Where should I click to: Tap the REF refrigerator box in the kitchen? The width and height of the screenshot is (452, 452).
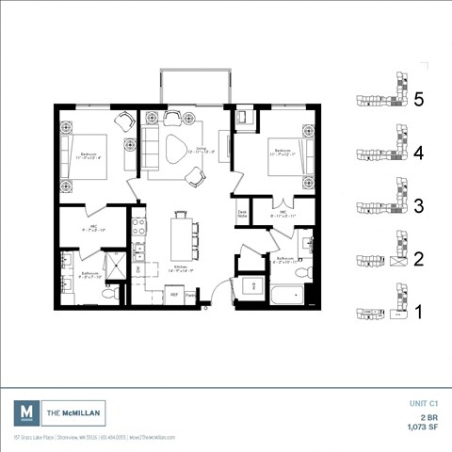click(174, 295)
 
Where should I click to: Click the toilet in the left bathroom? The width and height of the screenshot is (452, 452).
click(108, 294)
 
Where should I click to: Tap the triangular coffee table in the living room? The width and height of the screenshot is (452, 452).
click(176, 150)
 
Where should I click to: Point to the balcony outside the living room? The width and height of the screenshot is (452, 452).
click(195, 86)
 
